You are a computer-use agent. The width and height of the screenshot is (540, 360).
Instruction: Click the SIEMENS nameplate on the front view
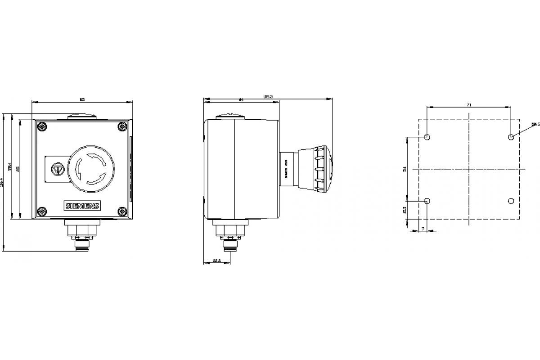[x=82, y=206]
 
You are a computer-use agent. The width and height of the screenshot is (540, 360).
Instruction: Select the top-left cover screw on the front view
[x=42, y=127]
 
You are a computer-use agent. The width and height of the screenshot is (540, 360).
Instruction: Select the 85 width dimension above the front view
[x=82, y=99]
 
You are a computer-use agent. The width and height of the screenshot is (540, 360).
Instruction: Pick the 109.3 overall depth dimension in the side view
[x=268, y=96]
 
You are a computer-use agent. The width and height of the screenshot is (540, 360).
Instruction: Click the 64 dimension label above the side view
[x=241, y=99]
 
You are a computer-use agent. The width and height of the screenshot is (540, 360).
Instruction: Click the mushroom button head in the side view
[x=323, y=169]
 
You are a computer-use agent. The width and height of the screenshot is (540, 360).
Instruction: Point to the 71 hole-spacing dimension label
[x=469, y=105]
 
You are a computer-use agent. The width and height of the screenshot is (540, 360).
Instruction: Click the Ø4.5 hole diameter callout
[x=535, y=124]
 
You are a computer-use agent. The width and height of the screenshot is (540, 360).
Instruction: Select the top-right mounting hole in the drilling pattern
[x=511, y=137]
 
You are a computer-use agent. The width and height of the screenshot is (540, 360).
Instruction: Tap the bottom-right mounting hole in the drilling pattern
[x=511, y=201]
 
